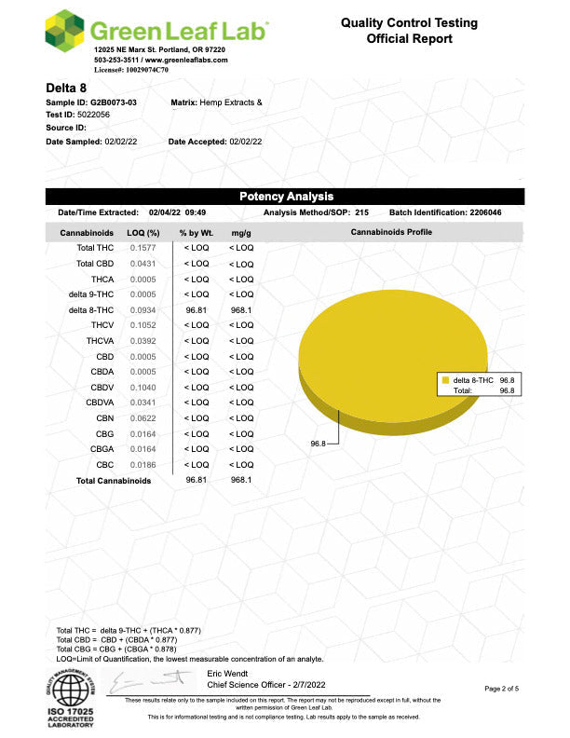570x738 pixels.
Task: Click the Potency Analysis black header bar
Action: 285,197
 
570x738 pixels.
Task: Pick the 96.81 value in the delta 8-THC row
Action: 196,309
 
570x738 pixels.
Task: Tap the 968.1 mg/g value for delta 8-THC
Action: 241,309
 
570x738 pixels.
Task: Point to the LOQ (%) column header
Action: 142,232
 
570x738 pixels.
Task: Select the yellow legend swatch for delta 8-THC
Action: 446,381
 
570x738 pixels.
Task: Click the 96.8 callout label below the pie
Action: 317,444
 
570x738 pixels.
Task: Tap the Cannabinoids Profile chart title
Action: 390,232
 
